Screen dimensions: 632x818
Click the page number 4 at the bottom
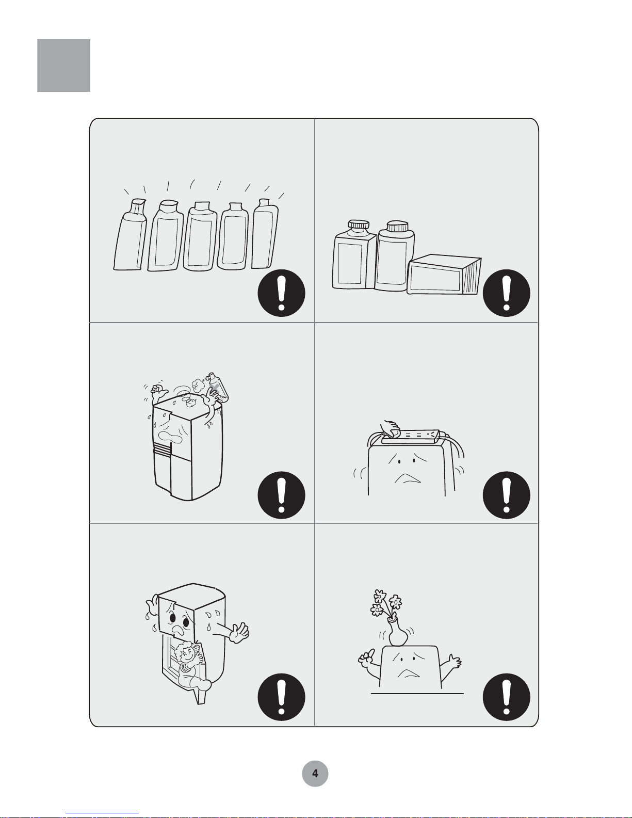[315, 774]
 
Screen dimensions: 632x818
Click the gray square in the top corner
[63, 66]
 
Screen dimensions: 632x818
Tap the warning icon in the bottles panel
[281, 293]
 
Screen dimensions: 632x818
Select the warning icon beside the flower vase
[506, 697]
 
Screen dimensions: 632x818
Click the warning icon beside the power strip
[506, 495]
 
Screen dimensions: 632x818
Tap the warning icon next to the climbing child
[281, 697]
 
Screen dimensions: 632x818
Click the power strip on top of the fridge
[411, 436]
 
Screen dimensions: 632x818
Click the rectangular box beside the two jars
[444, 275]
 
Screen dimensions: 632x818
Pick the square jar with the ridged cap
[354, 255]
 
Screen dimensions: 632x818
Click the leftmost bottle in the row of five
[130, 234]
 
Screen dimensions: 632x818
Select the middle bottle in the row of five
[200, 236]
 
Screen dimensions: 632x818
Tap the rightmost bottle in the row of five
[265, 234]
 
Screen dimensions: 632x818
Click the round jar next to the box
[395, 256]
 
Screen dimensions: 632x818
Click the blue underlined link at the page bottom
[102, 813]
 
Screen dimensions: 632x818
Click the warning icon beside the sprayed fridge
[281, 495]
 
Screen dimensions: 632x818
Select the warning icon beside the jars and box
[506, 293]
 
